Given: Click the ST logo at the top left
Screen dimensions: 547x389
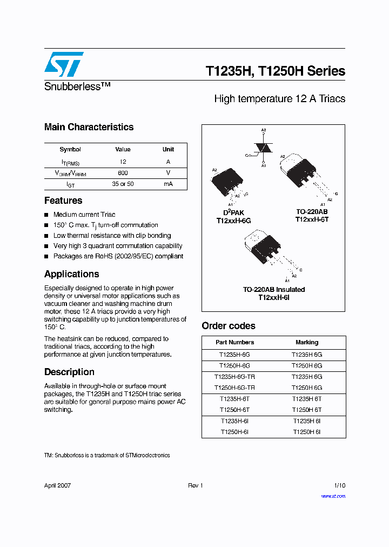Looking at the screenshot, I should (64, 64).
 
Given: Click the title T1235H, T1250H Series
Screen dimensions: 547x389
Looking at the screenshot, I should (275, 71).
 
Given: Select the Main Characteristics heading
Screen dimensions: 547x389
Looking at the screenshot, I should (89, 127).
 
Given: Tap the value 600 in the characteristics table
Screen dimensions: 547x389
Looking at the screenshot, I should (123, 173).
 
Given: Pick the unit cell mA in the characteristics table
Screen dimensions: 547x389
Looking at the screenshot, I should (168, 184).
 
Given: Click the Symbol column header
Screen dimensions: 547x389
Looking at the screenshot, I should (70, 149).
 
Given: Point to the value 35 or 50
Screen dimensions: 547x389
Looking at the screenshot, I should (123, 184).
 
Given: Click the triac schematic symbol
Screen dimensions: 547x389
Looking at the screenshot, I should (263, 148).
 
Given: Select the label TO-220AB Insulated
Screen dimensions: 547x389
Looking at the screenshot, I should (273, 290).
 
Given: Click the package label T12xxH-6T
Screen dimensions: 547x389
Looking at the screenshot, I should (312, 220).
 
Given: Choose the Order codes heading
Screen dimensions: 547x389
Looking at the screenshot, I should (229, 326).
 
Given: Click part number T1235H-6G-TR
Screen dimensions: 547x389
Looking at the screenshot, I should (234, 377).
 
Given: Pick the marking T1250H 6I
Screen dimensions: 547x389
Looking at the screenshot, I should (307, 432).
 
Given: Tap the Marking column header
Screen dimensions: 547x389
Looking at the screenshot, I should (307, 342).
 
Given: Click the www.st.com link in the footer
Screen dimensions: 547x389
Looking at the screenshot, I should (333, 496).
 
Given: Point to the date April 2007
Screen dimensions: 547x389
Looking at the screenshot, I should (57, 485).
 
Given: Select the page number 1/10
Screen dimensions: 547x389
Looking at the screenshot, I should (339, 485).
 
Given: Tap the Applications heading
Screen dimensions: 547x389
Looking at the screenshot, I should (71, 274).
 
